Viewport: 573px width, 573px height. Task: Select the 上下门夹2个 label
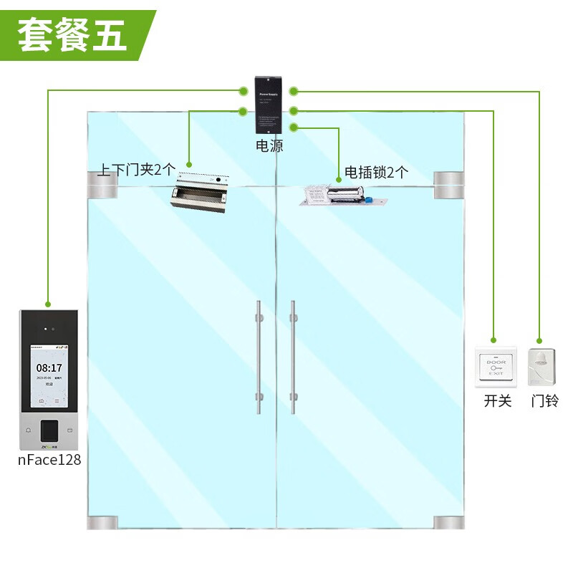click(x=136, y=170)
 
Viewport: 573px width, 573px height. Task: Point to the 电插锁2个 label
click(x=376, y=172)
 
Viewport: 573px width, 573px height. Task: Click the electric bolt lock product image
click(x=344, y=196)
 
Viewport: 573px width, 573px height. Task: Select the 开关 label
click(x=498, y=401)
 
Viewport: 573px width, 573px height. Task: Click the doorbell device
click(x=542, y=367)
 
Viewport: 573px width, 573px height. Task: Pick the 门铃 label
click(x=544, y=401)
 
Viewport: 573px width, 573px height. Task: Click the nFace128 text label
click(x=49, y=460)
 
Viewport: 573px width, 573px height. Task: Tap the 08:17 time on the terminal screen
click(x=49, y=367)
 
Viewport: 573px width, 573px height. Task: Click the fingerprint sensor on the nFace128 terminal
click(x=49, y=429)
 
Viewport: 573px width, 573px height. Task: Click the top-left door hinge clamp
click(x=102, y=184)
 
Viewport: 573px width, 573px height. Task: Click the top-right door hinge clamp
click(x=449, y=184)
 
